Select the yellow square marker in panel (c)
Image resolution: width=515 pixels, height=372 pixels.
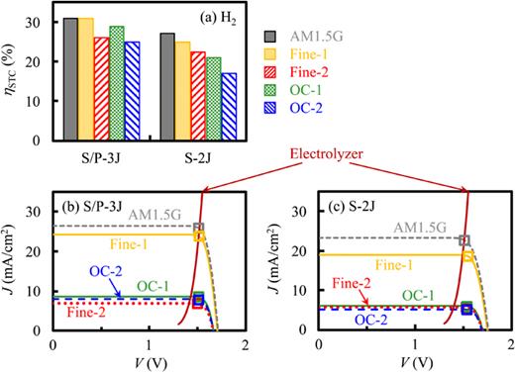coord(467,256)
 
